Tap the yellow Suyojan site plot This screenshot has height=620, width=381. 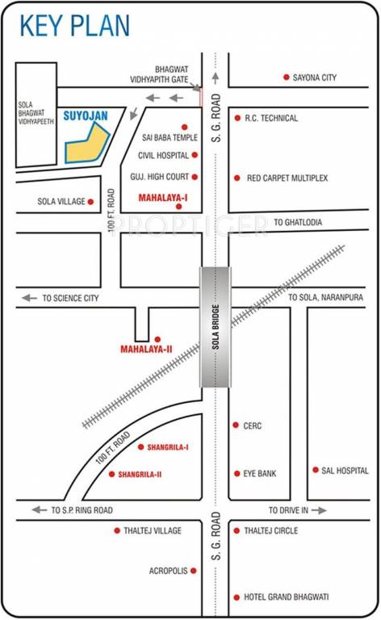86,145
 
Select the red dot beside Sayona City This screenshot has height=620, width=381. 286,77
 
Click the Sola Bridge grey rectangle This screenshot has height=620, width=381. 215,326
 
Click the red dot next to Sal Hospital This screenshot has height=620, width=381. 315,470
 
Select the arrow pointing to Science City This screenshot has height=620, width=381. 29,298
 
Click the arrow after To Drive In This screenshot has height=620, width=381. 320,510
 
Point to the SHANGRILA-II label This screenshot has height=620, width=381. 136,474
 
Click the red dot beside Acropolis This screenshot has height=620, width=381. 194,570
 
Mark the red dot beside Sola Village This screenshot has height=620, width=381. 91,201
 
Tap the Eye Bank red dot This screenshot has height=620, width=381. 236,473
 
